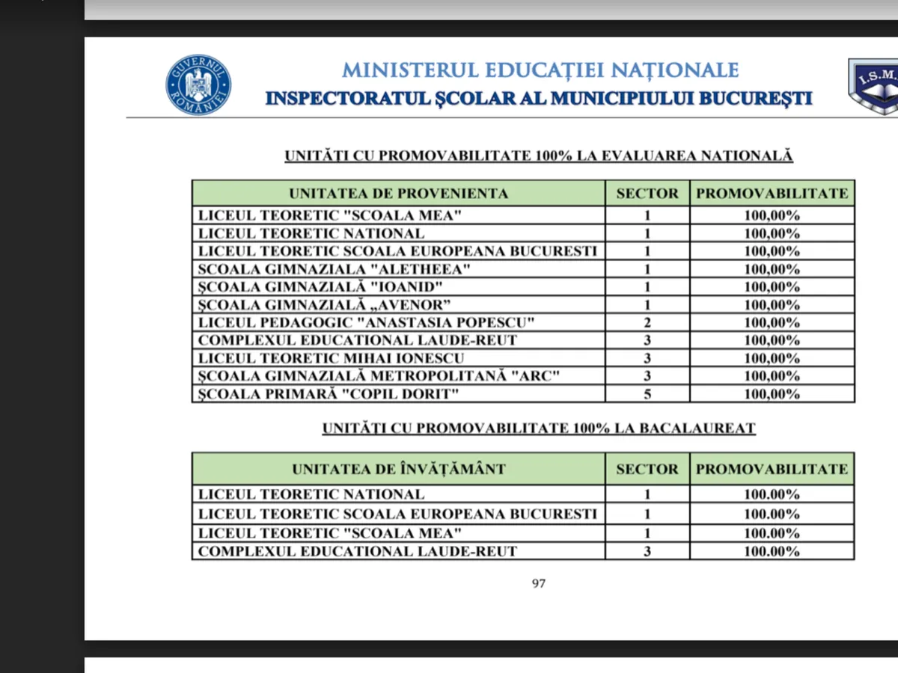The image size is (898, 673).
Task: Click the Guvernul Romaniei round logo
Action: click(x=198, y=85)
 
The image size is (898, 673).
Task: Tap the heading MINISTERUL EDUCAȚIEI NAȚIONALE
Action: click(x=540, y=70)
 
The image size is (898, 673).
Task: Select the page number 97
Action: click(x=539, y=584)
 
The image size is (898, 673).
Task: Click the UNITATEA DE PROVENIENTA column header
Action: click(x=398, y=194)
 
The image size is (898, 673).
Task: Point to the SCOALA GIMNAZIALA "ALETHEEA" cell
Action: click(x=335, y=269)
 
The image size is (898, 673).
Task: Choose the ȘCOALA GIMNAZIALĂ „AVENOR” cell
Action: click(x=326, y=305)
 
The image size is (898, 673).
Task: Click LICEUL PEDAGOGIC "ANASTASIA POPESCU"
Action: click(x=367, y=323)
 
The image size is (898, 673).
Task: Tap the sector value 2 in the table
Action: click(x=647, y=323)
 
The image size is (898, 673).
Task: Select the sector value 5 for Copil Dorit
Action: click(x=647, y=394)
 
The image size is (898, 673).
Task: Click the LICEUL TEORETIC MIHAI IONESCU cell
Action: click(x=332, y=358)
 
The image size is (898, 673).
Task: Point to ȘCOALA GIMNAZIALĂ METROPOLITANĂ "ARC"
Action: click(x=379, y=376)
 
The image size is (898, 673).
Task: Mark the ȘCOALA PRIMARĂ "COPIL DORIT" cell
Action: click(x=329, y=394)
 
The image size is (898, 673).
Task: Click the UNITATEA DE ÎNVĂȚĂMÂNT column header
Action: click(x=398, y=470)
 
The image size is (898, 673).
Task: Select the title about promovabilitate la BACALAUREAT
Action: click(x=539, y=428)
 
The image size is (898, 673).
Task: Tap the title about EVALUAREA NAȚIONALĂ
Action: click(x=539, y=156)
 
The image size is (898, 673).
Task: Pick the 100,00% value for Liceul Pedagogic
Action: click(x=772, y=323)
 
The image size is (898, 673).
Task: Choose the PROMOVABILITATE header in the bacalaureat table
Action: click(x=772, y=470)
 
